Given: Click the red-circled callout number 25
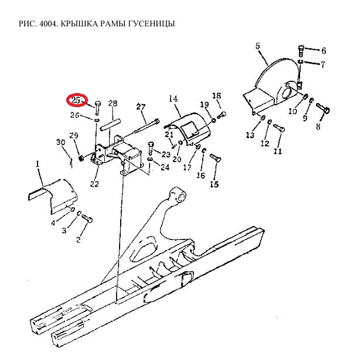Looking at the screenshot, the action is [x=76, y=100].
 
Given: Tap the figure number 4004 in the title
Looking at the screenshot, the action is [x=48, y=23].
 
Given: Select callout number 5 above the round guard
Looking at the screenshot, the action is [x=258, y=46].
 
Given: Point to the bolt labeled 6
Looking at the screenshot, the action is [x=301, y=51].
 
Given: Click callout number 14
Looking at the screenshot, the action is [x=173, y=99].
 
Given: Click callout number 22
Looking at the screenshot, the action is [x=94, y=184].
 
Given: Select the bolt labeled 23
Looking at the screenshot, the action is [x=150, y=148].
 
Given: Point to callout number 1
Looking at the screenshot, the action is [x=38, y=164].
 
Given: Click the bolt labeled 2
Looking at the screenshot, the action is [x=87, y=218].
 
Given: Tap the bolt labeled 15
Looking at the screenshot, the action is [x=216, y=158].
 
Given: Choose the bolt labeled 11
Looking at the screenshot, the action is [x=279, y=128].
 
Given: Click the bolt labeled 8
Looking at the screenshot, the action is [x=323, y=108].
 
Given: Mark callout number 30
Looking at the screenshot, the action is [x=61, y=142].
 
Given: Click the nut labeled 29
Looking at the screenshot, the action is [x=81, y=158].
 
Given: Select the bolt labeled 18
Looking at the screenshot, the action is [x=222, y=115].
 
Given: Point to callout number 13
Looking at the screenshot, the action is [x=250, y=135].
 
